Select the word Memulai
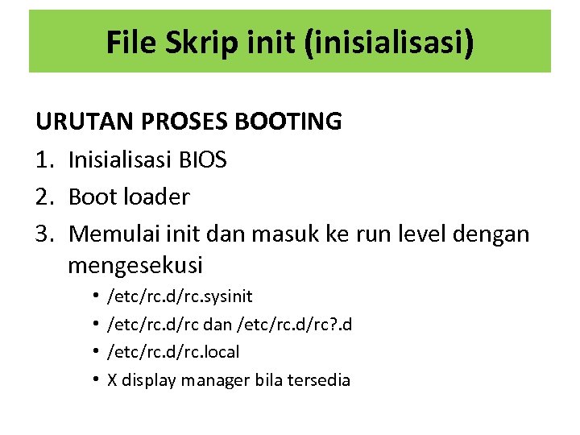115,234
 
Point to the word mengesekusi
135,264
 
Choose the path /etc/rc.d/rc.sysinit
180,297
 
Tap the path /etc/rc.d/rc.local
173,352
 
